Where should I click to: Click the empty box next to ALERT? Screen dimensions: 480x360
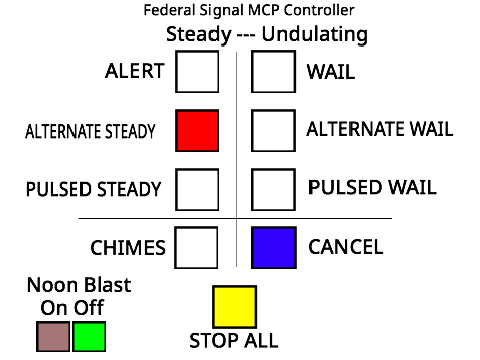point(197,72)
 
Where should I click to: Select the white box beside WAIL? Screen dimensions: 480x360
point(273,72)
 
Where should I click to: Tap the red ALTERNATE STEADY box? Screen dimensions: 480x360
point(197,131)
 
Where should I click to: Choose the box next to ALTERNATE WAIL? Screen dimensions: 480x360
point(273,131)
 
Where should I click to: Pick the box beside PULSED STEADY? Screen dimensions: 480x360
point(197,190)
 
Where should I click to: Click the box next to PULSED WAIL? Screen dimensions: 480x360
point(273,190)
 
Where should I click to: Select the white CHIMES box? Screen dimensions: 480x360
point(196,248)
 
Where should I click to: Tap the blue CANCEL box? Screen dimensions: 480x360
point(274,248)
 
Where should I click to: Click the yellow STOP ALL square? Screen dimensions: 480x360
point(234,307)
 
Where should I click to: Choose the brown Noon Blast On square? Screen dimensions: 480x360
point(53,336)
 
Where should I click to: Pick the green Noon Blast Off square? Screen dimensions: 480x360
point(89,336)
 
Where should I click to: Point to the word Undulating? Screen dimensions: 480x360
point(315,35)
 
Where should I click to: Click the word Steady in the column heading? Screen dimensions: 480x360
point(199,34)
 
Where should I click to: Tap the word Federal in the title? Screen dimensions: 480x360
point(170,10)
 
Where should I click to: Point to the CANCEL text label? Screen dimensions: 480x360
point(346,247)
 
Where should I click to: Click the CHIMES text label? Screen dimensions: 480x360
point(128,248)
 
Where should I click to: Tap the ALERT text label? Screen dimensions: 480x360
point(135,71)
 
